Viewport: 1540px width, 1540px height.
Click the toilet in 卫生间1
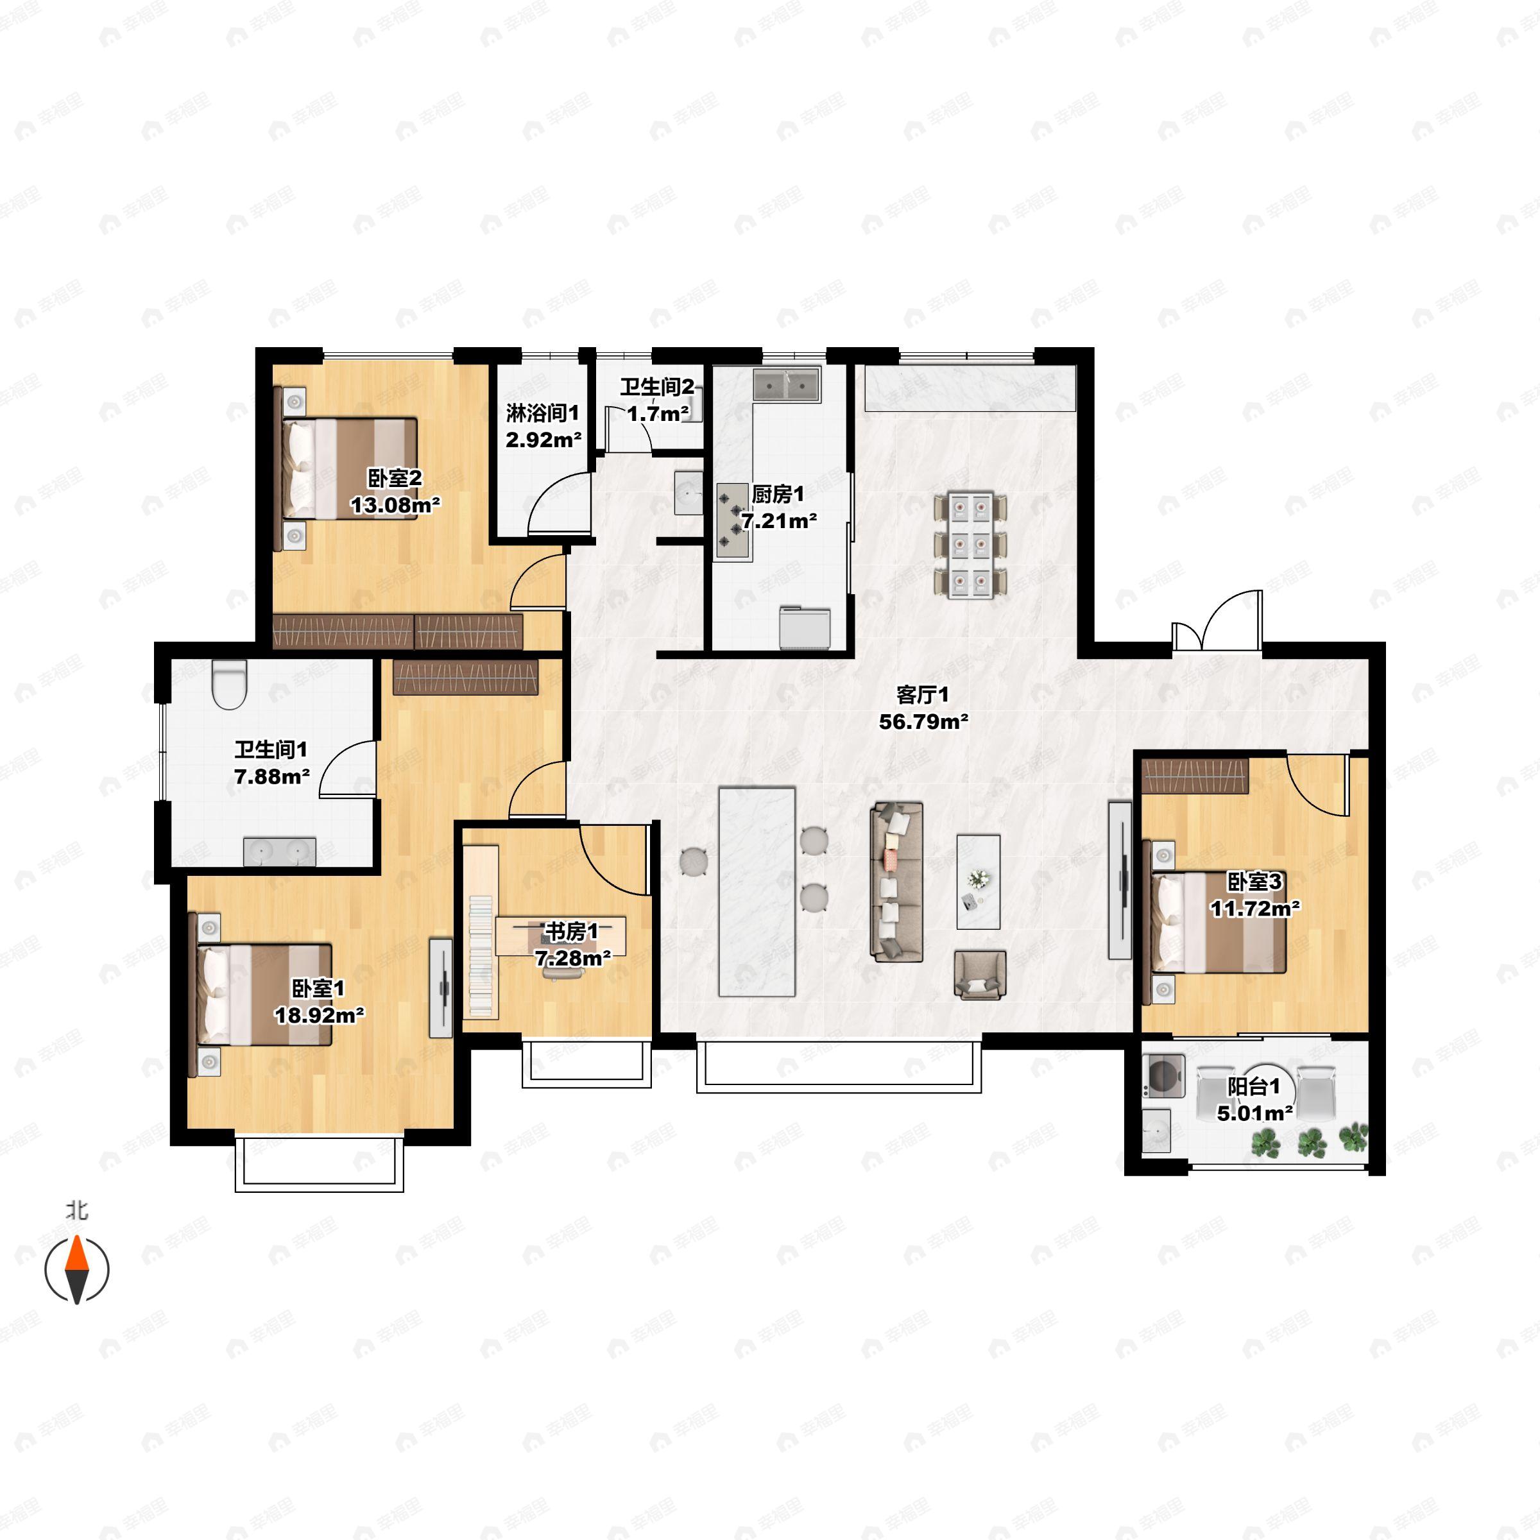[230, 685]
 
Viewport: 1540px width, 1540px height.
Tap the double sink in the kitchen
[787, 384]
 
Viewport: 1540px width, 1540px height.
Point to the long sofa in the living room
[896, 881]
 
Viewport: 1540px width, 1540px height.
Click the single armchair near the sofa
[980, 973]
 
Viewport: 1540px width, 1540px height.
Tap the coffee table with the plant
[978, 882]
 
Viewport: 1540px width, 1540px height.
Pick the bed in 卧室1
[260, 994]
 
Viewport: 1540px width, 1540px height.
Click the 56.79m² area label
[923, 722]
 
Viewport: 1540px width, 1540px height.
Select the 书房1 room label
[570, 931]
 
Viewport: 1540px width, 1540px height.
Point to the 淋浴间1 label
[543, 413]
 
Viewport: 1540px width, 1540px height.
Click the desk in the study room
[560, 936]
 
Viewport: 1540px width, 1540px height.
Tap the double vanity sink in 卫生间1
[279, 851]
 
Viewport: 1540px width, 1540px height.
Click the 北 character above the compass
[76, 1211]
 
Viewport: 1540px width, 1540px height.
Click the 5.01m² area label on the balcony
[1254, 1113]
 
